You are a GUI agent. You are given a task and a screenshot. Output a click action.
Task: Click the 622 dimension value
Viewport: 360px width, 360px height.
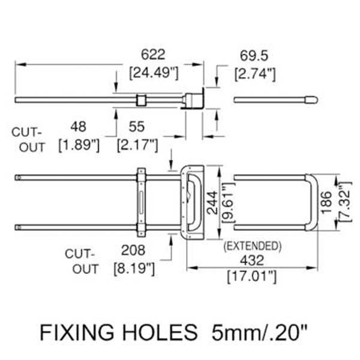coord(153,55)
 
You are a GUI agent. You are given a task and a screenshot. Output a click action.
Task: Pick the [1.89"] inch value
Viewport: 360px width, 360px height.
coord(78,145)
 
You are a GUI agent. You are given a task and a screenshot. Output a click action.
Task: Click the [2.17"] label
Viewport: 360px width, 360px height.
coord(137,145)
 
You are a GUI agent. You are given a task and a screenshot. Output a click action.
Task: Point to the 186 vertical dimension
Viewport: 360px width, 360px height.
coord(325,203)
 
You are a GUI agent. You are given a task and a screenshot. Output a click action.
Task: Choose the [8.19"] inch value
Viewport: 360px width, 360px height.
coord(134,267)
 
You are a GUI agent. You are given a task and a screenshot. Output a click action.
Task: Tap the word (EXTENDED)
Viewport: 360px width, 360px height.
coord(252,245)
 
